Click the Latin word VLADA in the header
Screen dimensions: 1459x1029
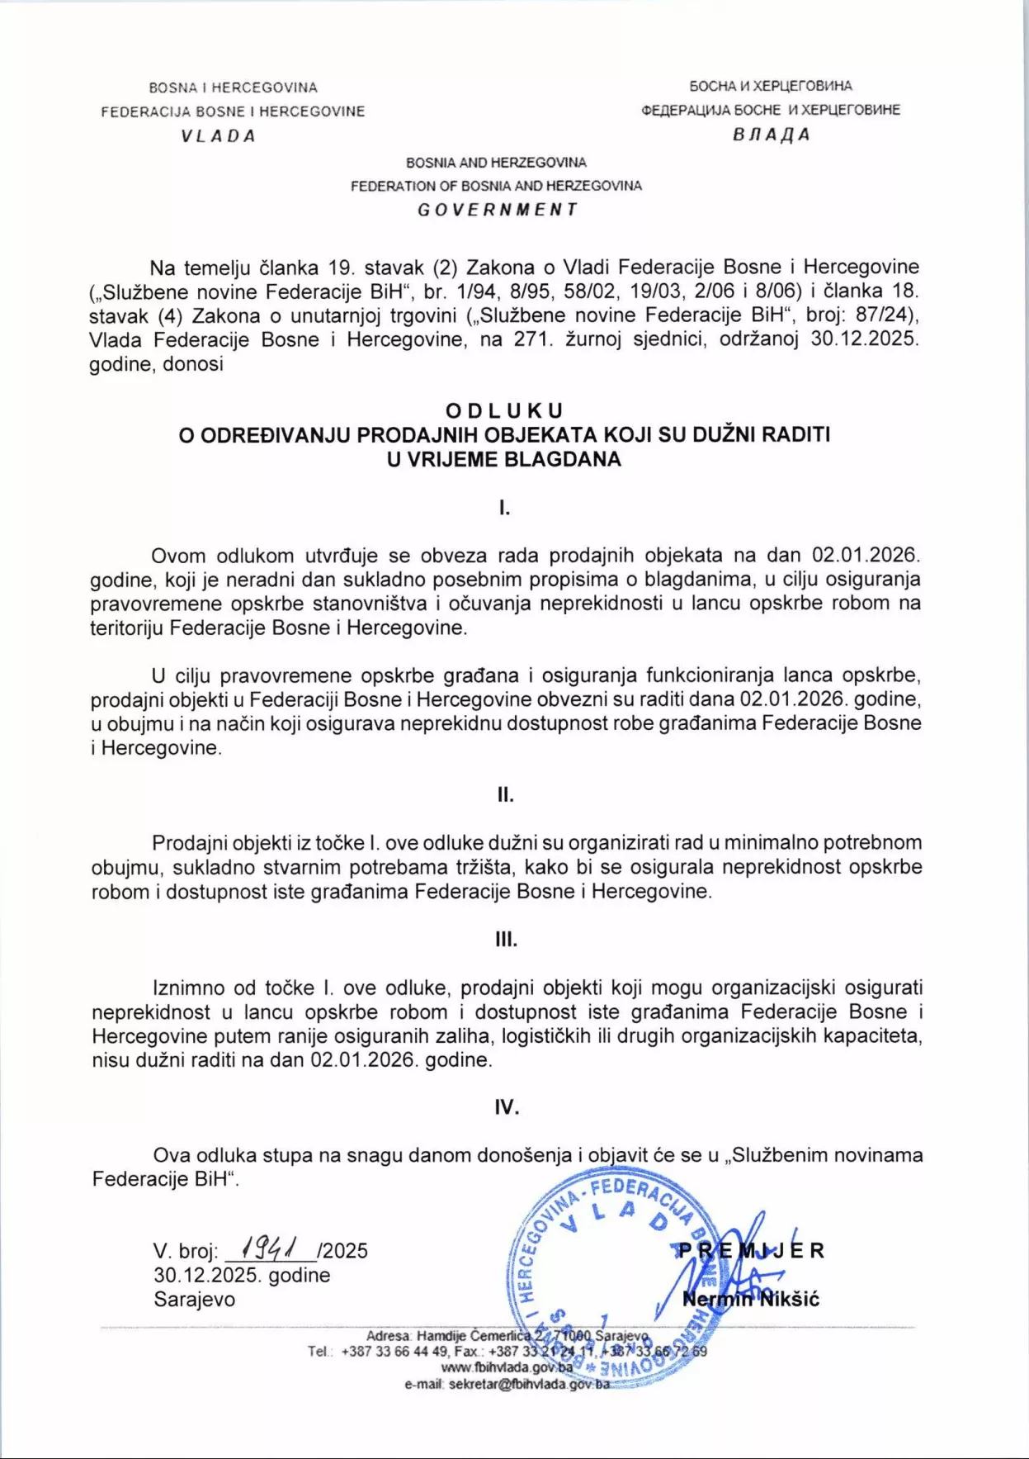[219, 136]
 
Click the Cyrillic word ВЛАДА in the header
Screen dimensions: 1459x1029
[771, 135]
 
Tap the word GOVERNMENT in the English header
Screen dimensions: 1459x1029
[497, 210]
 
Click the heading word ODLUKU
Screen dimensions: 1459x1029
[504, 410]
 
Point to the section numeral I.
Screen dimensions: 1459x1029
[504, 508]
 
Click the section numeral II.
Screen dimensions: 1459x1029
[505, 795]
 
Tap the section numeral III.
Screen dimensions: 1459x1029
[506, 940]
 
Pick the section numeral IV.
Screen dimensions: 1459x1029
[507, 1107]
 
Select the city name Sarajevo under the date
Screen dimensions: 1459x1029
[194, 1299]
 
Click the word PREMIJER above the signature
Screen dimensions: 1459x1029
[749, 1250]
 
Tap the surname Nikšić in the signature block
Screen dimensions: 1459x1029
[789, 1300]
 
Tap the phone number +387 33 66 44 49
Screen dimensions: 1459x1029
[394, 1352]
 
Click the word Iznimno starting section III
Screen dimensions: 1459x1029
[188, 988]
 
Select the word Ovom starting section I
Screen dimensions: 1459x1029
[178, 555]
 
